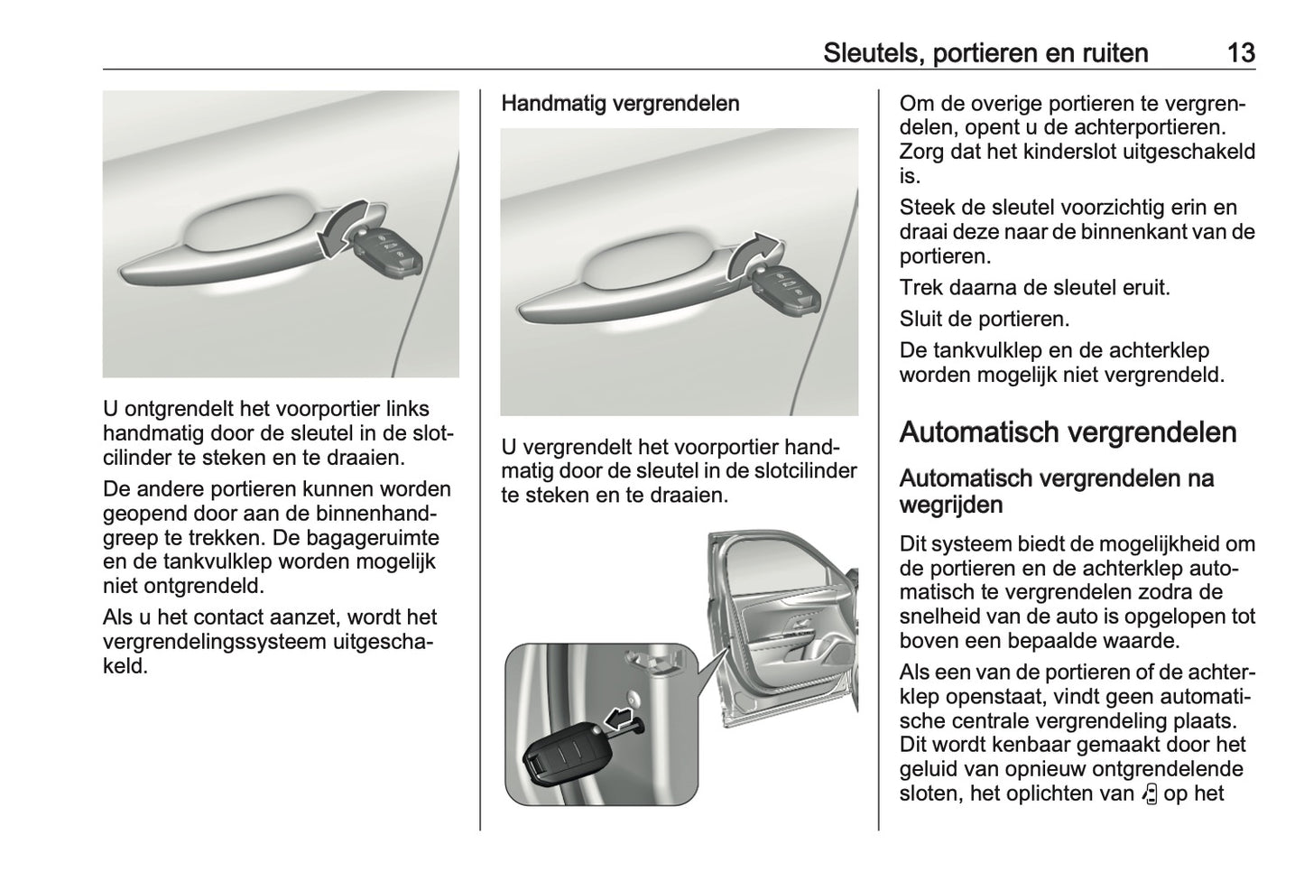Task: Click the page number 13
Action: [x=1241, y=53]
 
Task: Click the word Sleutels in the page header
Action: [x=868, y=53]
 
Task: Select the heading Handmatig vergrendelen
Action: [x=620, y=103]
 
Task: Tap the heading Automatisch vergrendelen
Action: [x=1068, y=432]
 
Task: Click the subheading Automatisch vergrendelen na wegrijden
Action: [x=1056, y=490]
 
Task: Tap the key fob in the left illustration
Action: [x=386, y=252]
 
